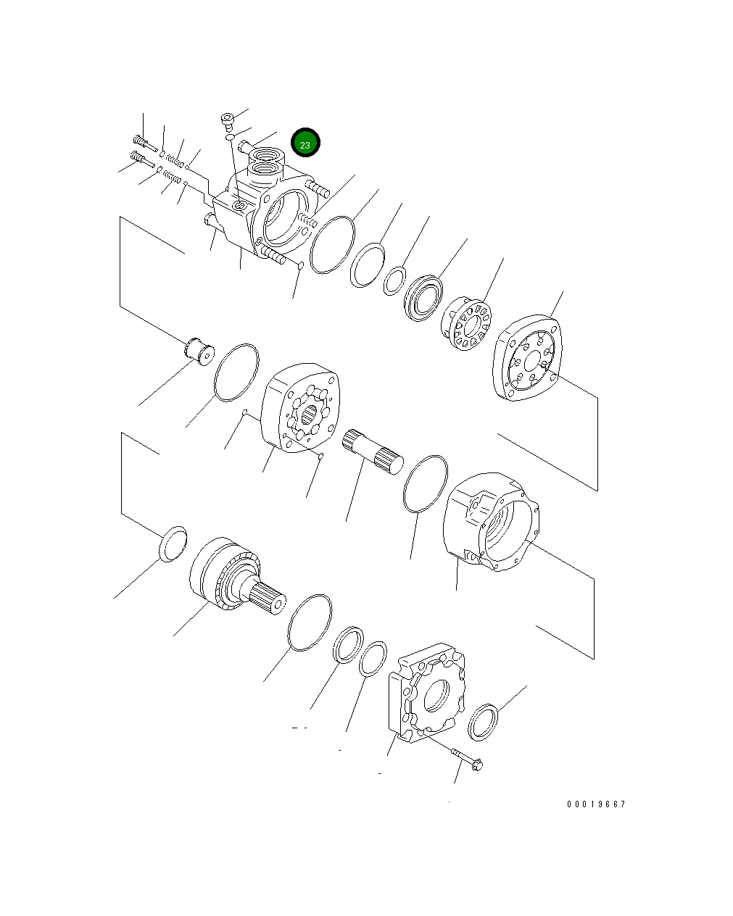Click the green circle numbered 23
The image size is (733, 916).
pos(305,142)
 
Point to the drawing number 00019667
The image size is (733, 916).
pos(596,804)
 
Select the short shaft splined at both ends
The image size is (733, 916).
pos(373,451)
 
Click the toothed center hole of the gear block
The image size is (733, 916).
pos(310,415)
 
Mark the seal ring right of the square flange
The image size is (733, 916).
pos(483,723)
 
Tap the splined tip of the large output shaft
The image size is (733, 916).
pos(268,598)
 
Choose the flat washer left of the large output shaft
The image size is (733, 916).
pos(173,544)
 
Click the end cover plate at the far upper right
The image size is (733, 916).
pos(527,357)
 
